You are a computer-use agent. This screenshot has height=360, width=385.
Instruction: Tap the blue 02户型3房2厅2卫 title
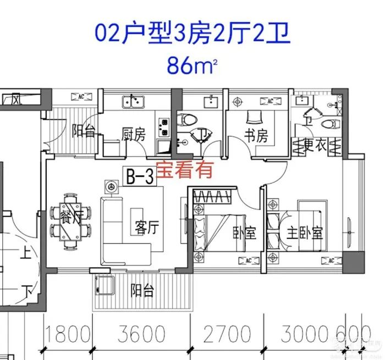click(192, 34)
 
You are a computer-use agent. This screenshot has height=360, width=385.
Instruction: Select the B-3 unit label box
click(140, 176)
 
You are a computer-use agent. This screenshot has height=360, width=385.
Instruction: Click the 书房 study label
click(257, 135)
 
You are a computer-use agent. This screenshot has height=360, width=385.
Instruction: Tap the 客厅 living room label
click(145, 228)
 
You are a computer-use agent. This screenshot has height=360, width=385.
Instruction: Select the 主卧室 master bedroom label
click(304, 232)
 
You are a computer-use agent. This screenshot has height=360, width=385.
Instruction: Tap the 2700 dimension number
click(226, 333)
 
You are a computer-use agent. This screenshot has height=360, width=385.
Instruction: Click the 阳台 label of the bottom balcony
click(142, 290)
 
